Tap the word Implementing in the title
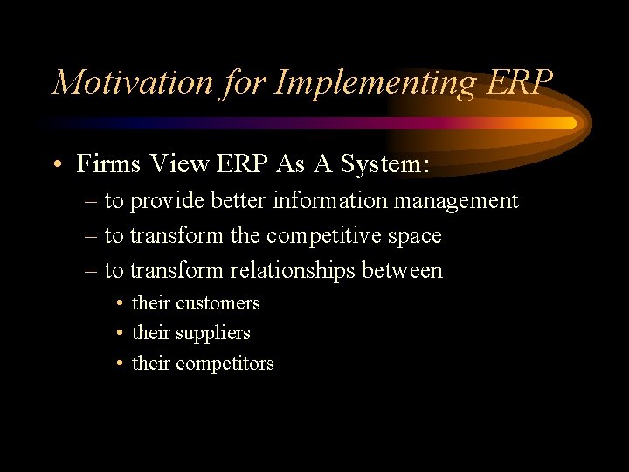coord(375,81)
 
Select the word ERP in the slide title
coord(519,81)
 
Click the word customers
coord(218,303)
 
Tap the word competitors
coord(225,364)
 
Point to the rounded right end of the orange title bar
coord(572,123)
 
